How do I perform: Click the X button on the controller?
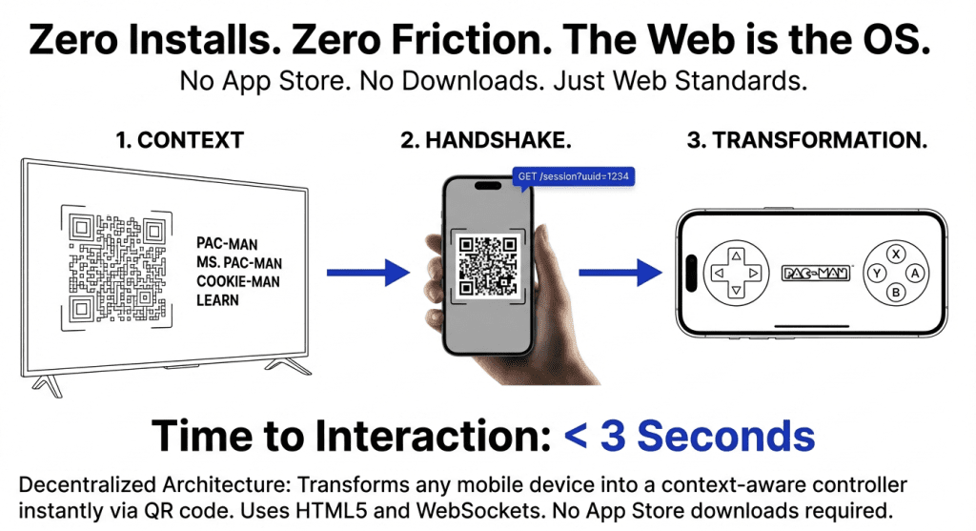[x=896, y=254]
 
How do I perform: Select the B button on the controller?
[x=896, y=293]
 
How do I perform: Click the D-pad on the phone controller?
[x=735, y=274]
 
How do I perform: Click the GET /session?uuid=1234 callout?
[x=574, y=176]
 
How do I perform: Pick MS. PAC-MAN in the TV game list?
[x=239, y=262]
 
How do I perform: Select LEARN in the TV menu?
[x=217, y=300]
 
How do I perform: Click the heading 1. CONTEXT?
[x=179, y=141]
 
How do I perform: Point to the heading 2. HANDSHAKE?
[x=486, y=141]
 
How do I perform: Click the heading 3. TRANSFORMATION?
[x=807, y=141]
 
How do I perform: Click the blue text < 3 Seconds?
[x=689, y=436]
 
